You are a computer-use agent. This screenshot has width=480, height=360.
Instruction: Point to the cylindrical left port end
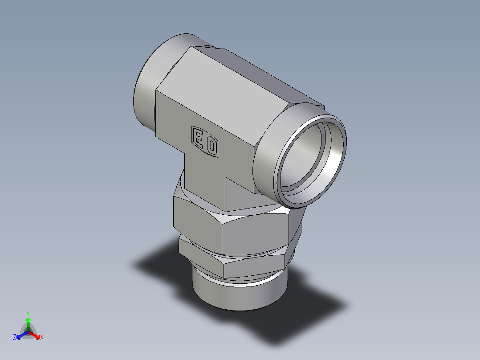(145, 89)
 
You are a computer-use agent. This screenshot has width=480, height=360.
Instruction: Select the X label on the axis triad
(42, 338)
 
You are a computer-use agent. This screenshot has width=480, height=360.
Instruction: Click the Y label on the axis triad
(28, 313)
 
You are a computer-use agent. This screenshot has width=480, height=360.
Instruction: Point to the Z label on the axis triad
(15, 338)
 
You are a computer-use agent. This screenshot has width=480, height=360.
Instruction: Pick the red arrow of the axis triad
(36, 335)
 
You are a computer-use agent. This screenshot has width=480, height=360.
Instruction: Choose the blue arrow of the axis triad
(20, 335)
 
